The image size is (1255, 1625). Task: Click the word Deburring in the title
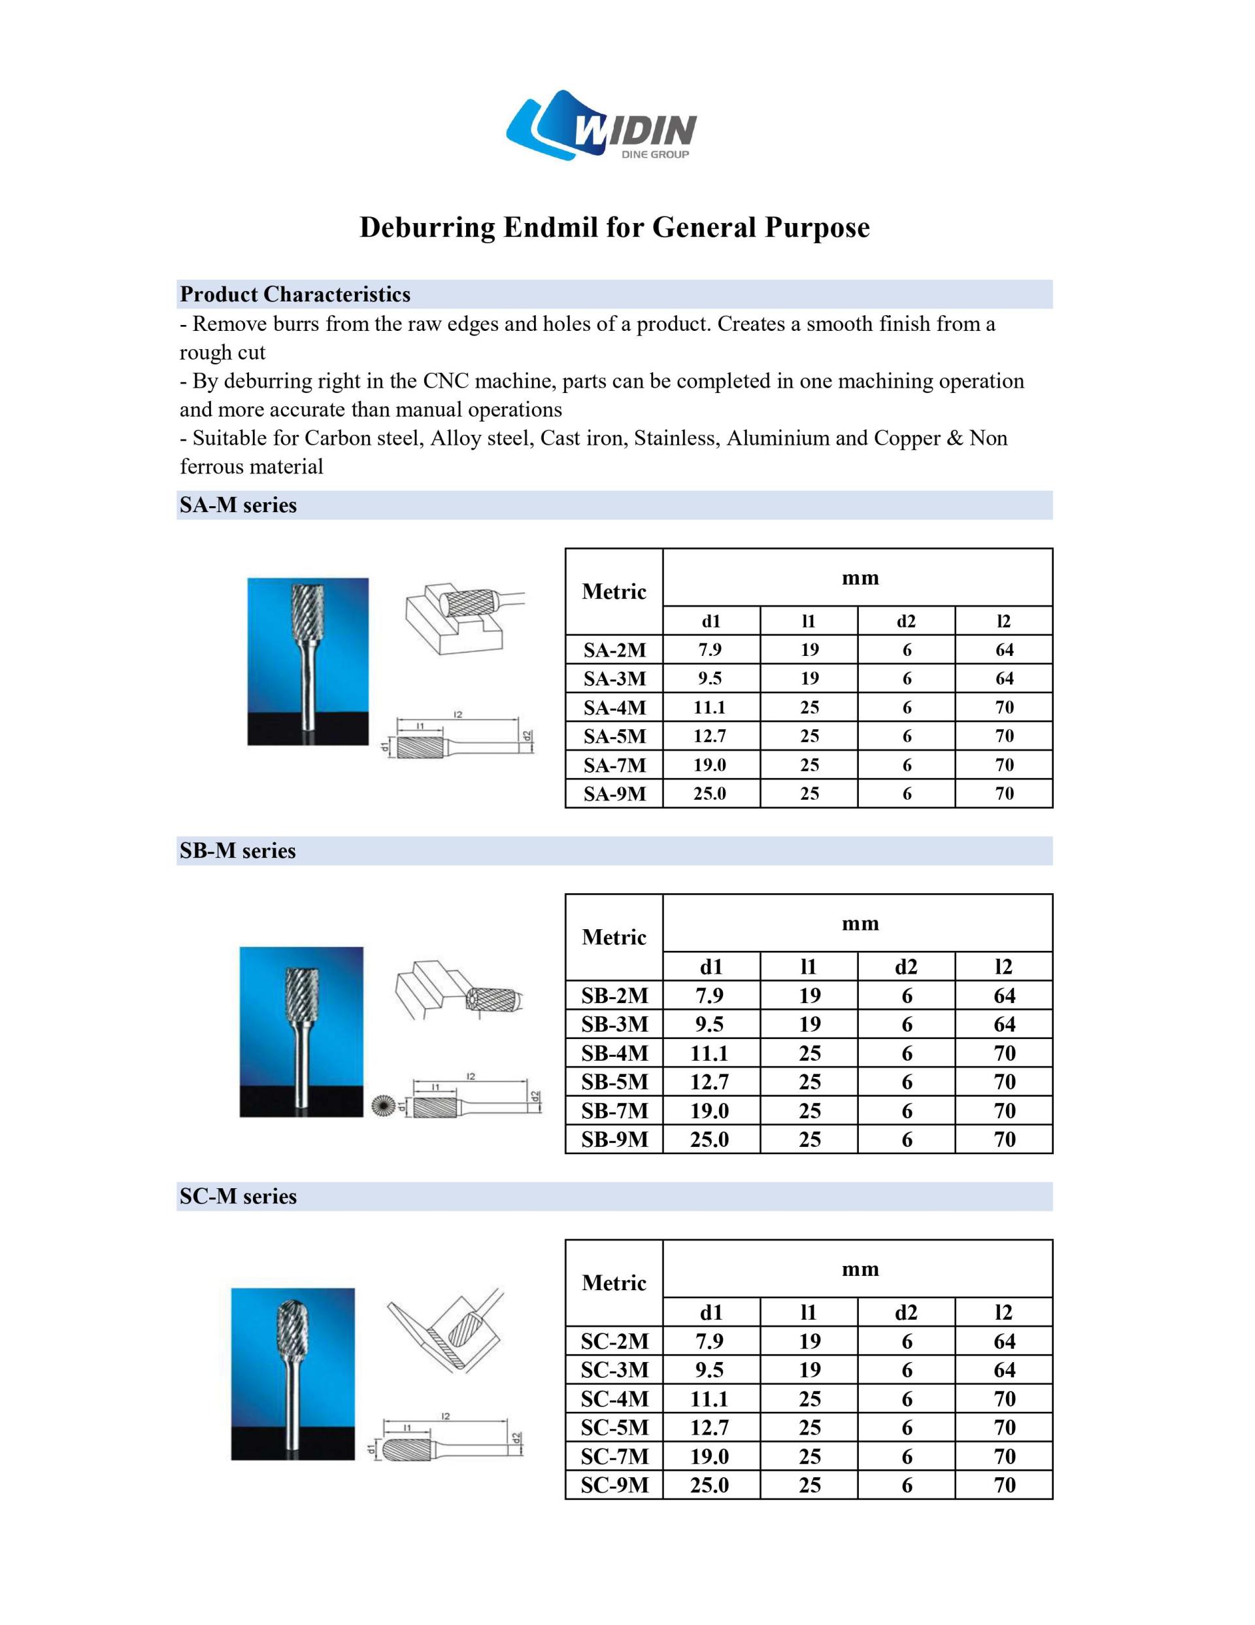427,227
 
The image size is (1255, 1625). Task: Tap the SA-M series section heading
238,505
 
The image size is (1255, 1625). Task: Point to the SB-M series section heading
237,851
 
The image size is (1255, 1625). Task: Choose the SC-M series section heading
238,1197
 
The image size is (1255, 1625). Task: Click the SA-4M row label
614,708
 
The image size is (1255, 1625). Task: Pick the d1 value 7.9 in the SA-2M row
710,649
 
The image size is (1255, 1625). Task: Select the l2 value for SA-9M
1004,794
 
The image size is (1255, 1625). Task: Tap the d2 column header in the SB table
906,966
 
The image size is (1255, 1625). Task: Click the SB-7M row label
614,1111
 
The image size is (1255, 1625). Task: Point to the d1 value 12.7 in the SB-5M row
710,1082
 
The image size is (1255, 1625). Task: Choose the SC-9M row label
614,1485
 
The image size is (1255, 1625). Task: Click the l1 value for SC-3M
809,1370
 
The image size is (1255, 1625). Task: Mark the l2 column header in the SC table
1003,1312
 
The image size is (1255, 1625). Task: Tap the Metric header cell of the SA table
614,592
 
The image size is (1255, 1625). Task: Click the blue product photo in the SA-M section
308,662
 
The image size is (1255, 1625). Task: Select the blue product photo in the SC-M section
292,1373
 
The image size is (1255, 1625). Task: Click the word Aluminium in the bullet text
777,438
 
